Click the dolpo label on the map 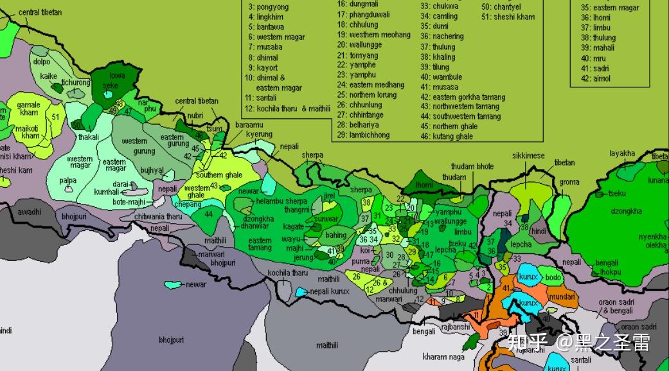[x=42, y=62]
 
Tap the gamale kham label [x=28, y=109]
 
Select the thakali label [x=89, y=137]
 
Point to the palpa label [x=68, y=181]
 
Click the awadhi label [x=29, y=212]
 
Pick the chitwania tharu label [x=158, y=217]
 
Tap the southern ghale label [x=219, y=175]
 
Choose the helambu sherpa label [x=281, y=201]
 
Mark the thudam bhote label [x=472, y=167]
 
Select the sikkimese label [x=528, y=156]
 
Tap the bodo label [x=553, y=278]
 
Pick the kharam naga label [x=443, y=356]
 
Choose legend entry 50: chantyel [x=501, y=6]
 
